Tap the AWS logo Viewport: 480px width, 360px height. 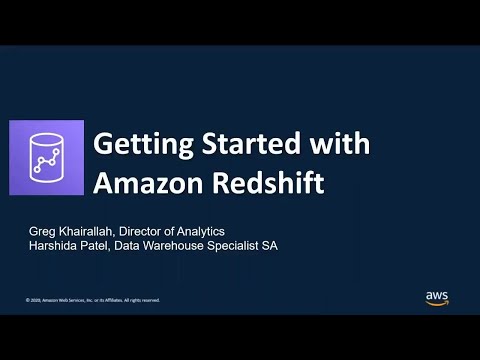pyautogui.click(x=437, y=297)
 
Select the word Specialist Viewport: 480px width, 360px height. pyautogui.click(x=249, y=246)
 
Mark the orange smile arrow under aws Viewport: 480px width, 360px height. pyautogui.click(x=437, y=303)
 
